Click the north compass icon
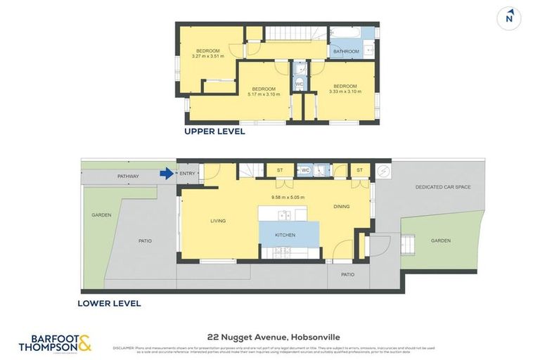[509, 18]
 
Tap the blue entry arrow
[167, 174]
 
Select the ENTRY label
[188, 174]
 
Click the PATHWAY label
[128, 176]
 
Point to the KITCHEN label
[285, 235]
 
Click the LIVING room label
[218, 221]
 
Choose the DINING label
[342, 206]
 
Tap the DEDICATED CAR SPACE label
[442, 187]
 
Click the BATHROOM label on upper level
[346, 51]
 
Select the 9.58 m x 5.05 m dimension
[289, 197]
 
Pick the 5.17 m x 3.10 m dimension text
[264, 94]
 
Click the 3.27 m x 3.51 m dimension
[207, 56]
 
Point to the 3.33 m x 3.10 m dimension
[345, 91]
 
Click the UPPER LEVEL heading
[214, 131]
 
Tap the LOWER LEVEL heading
[110, 304]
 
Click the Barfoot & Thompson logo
[55, 343]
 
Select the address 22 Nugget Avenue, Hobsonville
[270, 337]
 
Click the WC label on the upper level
[299, 84]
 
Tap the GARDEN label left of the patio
[101, 215]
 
